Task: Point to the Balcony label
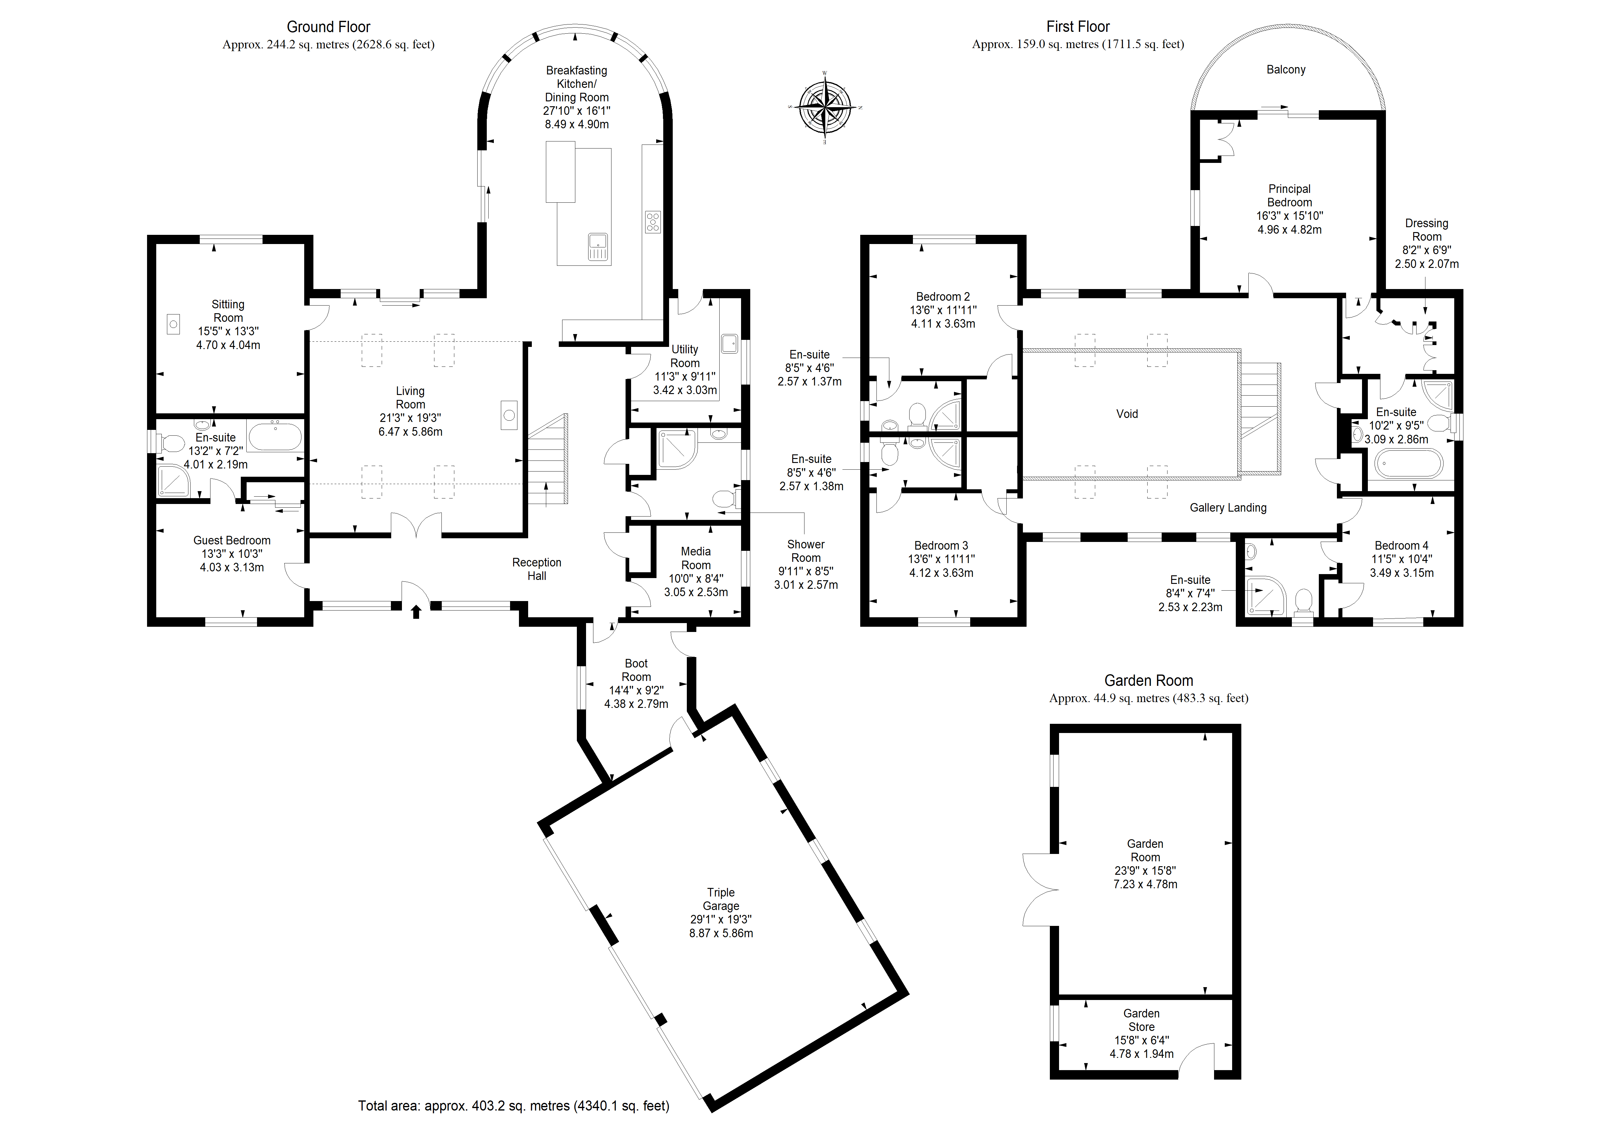tap(1286, 70)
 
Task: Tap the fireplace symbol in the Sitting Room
tap(173, 324)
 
